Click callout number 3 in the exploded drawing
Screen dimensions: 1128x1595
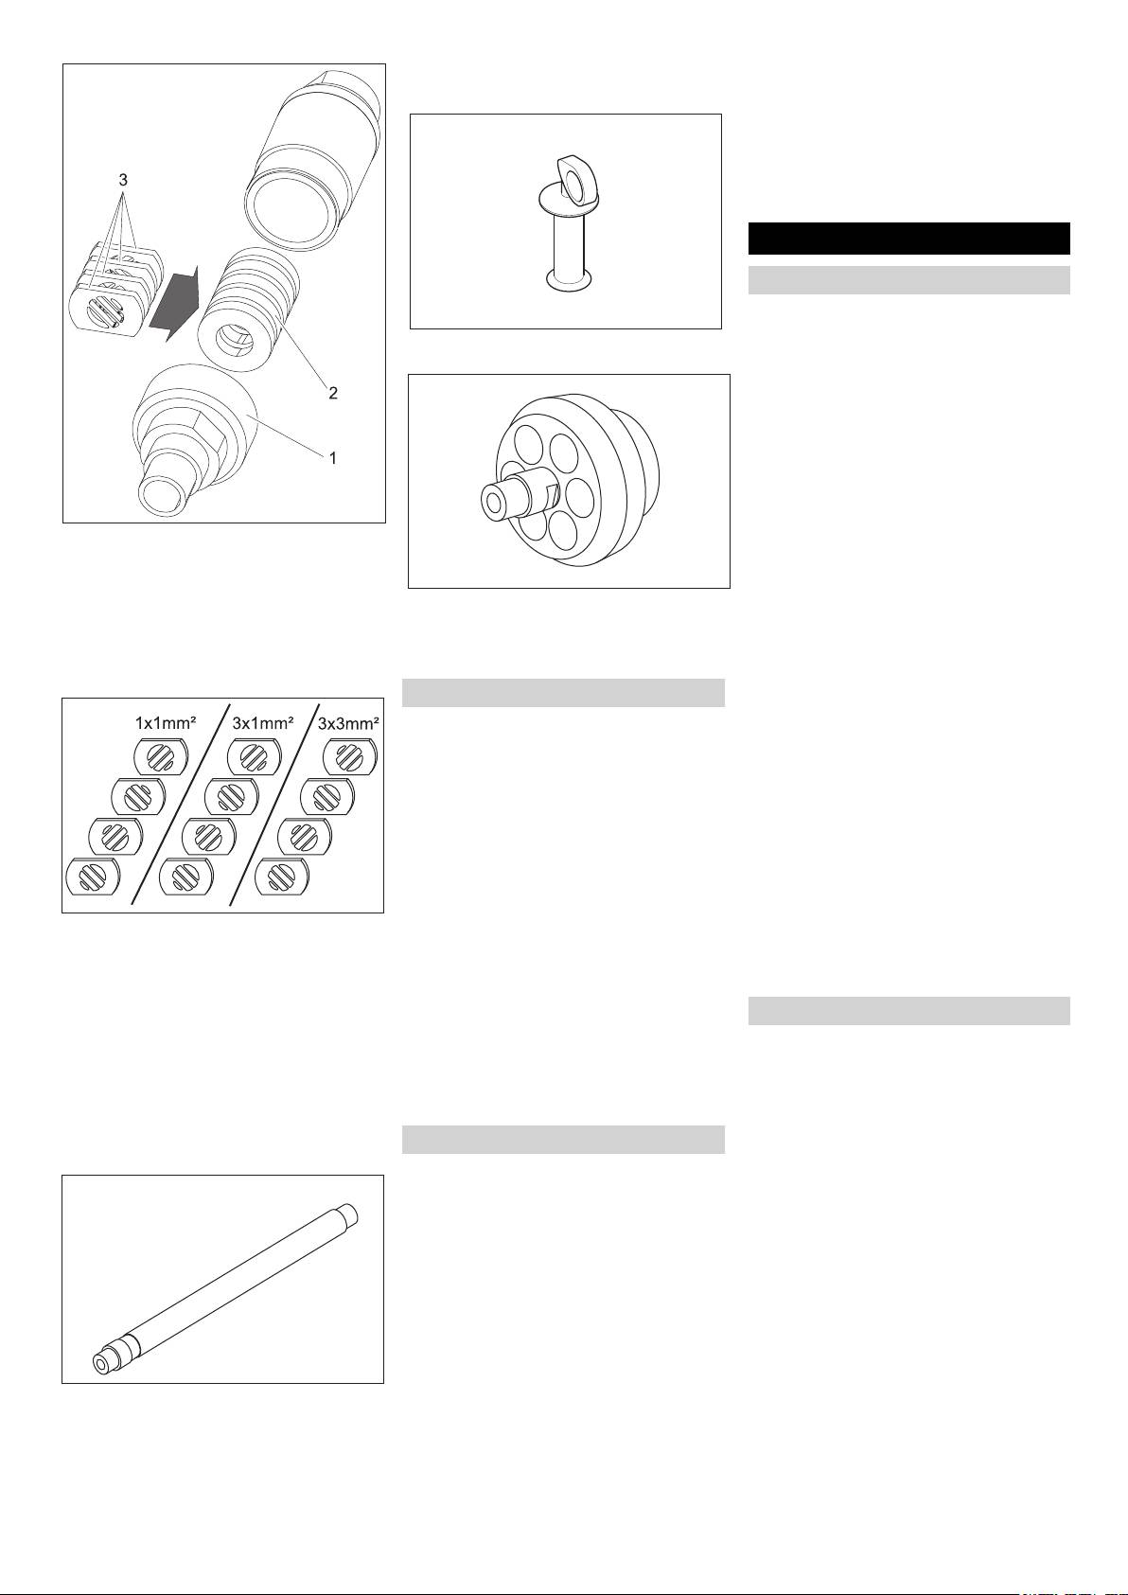[123, 180]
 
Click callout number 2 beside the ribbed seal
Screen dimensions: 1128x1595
[332, 392]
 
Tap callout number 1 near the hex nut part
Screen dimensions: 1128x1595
[332, 458]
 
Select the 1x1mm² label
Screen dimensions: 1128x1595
[165, 723]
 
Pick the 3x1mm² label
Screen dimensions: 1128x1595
[263, 723]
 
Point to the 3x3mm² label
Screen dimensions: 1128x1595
[349, 723]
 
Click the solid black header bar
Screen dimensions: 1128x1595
[908, 238]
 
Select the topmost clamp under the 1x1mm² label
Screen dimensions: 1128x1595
[161, 756]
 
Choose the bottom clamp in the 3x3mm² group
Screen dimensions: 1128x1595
[282, 876]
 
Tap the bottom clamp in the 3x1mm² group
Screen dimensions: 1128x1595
[185, 876]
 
